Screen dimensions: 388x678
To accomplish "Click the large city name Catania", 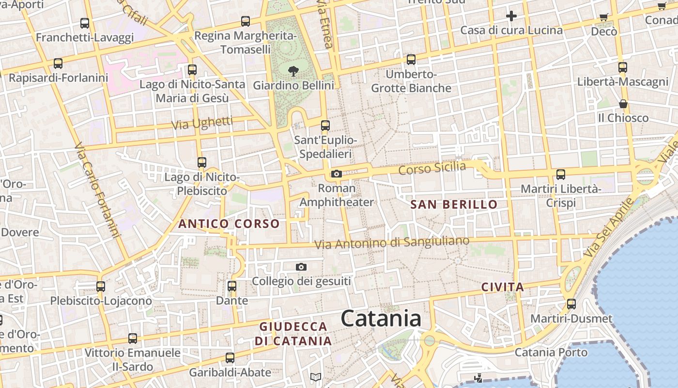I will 381,319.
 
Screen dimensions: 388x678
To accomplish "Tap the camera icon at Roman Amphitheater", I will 337,174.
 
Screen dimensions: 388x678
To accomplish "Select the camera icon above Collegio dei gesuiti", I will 301,267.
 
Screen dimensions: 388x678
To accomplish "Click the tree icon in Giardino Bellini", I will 293,71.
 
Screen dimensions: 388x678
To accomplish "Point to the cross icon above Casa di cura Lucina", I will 511,16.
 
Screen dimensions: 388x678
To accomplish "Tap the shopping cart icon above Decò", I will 603,17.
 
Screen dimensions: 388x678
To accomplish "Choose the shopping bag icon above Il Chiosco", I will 623,104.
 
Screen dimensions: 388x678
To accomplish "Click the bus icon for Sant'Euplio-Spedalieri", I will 325,126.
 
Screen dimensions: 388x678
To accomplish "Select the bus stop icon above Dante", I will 232,286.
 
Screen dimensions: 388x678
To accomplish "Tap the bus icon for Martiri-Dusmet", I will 571,304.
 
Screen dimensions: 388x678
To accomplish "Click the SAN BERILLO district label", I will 454,204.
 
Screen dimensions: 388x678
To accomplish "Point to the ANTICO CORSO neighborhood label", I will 229,224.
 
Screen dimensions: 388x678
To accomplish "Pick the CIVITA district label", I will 503,287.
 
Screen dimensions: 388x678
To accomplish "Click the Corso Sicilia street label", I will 432,168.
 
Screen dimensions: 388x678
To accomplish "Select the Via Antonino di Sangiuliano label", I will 392,242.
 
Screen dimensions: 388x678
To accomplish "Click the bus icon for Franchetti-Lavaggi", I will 85,23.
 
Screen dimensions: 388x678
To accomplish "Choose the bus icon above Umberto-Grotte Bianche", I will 411,60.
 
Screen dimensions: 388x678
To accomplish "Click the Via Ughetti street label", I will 202,123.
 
